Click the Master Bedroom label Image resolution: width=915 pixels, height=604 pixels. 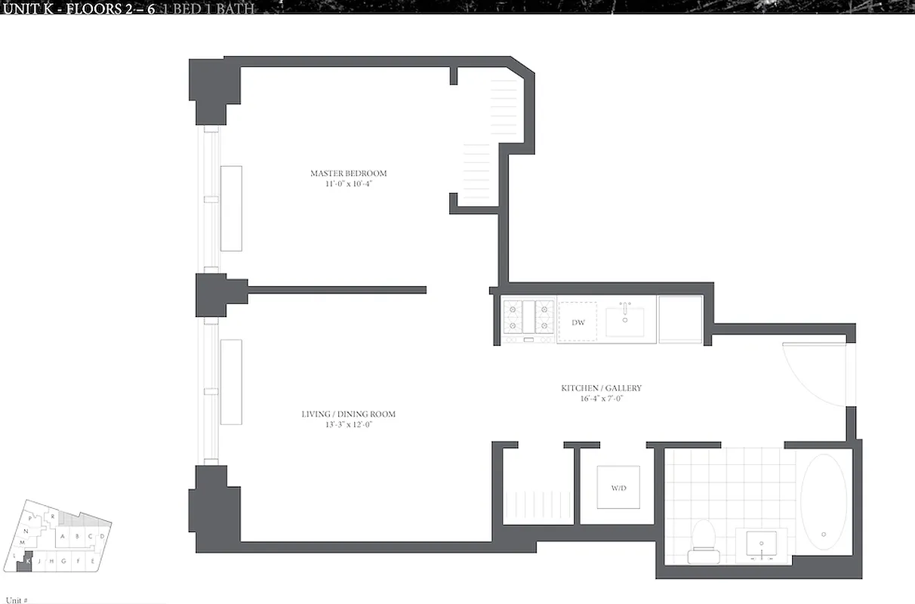(348, 174)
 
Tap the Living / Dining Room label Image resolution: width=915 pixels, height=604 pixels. (348, 414)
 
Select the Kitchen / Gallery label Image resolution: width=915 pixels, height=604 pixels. (601, 388)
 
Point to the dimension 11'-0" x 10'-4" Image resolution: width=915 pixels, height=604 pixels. (348, 183)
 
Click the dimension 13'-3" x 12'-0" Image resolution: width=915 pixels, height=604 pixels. (348, 424)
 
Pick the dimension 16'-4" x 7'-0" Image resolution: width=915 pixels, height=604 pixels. (601, 398)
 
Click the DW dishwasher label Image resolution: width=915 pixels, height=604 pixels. (578, 322)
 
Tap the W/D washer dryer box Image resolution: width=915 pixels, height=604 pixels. (618, 488)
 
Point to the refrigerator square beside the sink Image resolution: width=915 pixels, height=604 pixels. (680, 319)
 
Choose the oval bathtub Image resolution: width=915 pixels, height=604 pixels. (823, 502)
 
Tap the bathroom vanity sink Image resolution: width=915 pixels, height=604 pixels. (760, 543)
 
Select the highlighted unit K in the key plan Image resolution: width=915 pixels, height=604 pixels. (28, 561)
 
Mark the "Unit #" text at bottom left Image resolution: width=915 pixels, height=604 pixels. (15, 599)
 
